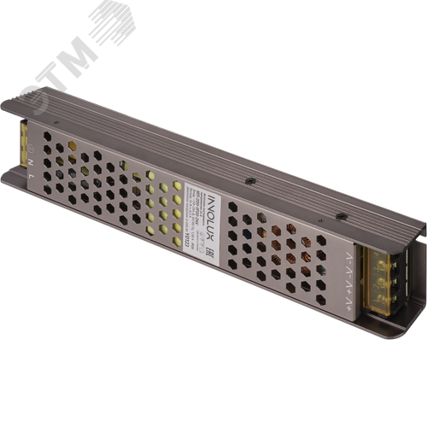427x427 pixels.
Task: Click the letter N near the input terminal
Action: point(32,159)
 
